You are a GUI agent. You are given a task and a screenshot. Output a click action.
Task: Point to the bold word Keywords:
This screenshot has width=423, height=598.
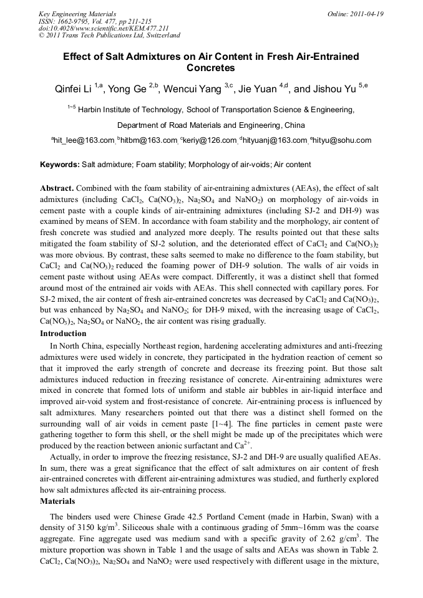(x=60, y=165)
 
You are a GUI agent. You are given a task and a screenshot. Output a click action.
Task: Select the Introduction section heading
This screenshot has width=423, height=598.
(x=63, y=334)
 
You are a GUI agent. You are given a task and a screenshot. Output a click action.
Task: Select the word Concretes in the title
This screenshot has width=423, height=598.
(x=211, y=67)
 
